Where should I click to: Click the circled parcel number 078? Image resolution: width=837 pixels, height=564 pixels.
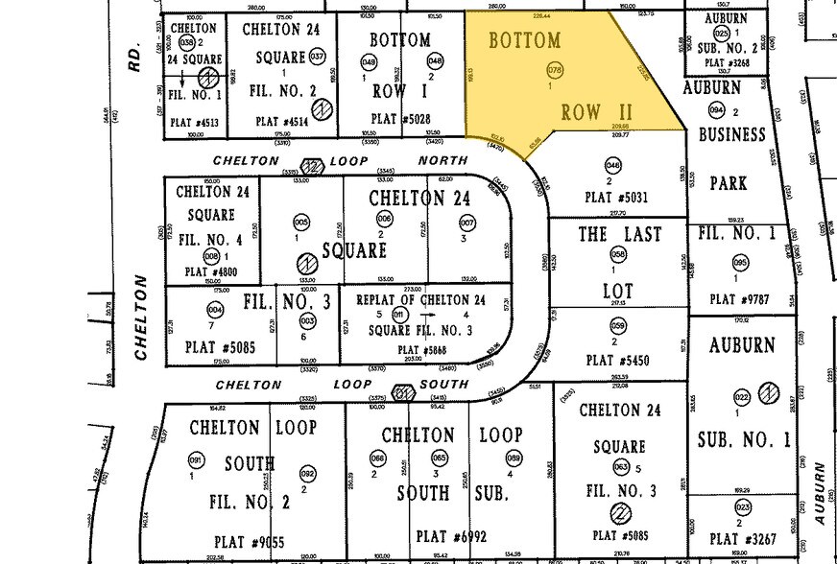click(554, 71)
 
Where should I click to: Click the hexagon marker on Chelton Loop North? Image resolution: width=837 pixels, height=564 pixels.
click(311, 167)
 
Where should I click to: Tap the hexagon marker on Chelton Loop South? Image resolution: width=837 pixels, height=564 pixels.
click(404, 392)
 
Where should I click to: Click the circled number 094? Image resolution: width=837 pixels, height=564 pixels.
click(715, 111)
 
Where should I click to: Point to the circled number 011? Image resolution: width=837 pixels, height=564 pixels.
click(400, 314)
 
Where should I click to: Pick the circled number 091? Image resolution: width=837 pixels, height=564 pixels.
click(197, 459)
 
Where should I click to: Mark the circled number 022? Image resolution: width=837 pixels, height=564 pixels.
click(741, 397)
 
